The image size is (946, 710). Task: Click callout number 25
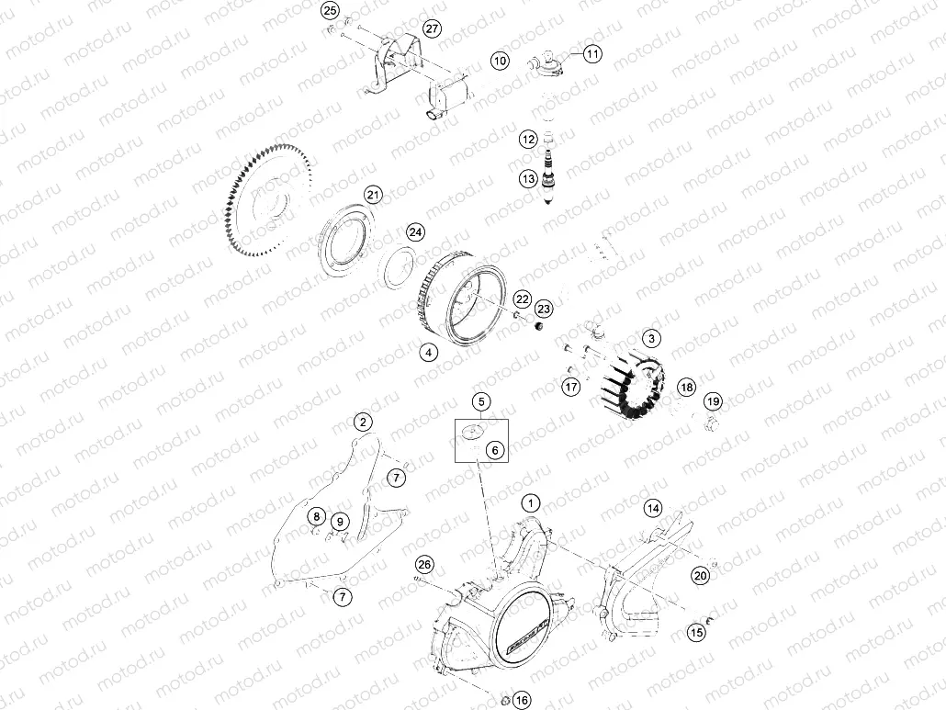click(x=330, y=11)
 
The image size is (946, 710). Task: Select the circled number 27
click(x=432, y=28)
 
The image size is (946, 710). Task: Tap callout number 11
click(x=592, y=54)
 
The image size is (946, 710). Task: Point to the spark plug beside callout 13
click(x=552, y=183)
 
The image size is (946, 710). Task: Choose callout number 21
click(x=373, y=195)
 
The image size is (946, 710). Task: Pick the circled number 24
click(x=416, y=232)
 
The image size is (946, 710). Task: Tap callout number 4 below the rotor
click(x=428, y=352)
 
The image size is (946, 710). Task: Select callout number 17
click(x=571, y=387)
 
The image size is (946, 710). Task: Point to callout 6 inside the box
click(x=494, y=450)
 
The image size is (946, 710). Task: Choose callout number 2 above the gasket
click(x=364, y=423)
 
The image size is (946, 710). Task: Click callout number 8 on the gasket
click(x=315, y=515)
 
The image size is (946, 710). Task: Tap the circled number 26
click(x=423, y=564)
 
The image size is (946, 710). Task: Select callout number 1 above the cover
click(x=530, y=502)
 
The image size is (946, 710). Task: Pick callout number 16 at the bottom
click(x=522, y=701)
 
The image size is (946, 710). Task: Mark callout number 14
click(x=652, y=508)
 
